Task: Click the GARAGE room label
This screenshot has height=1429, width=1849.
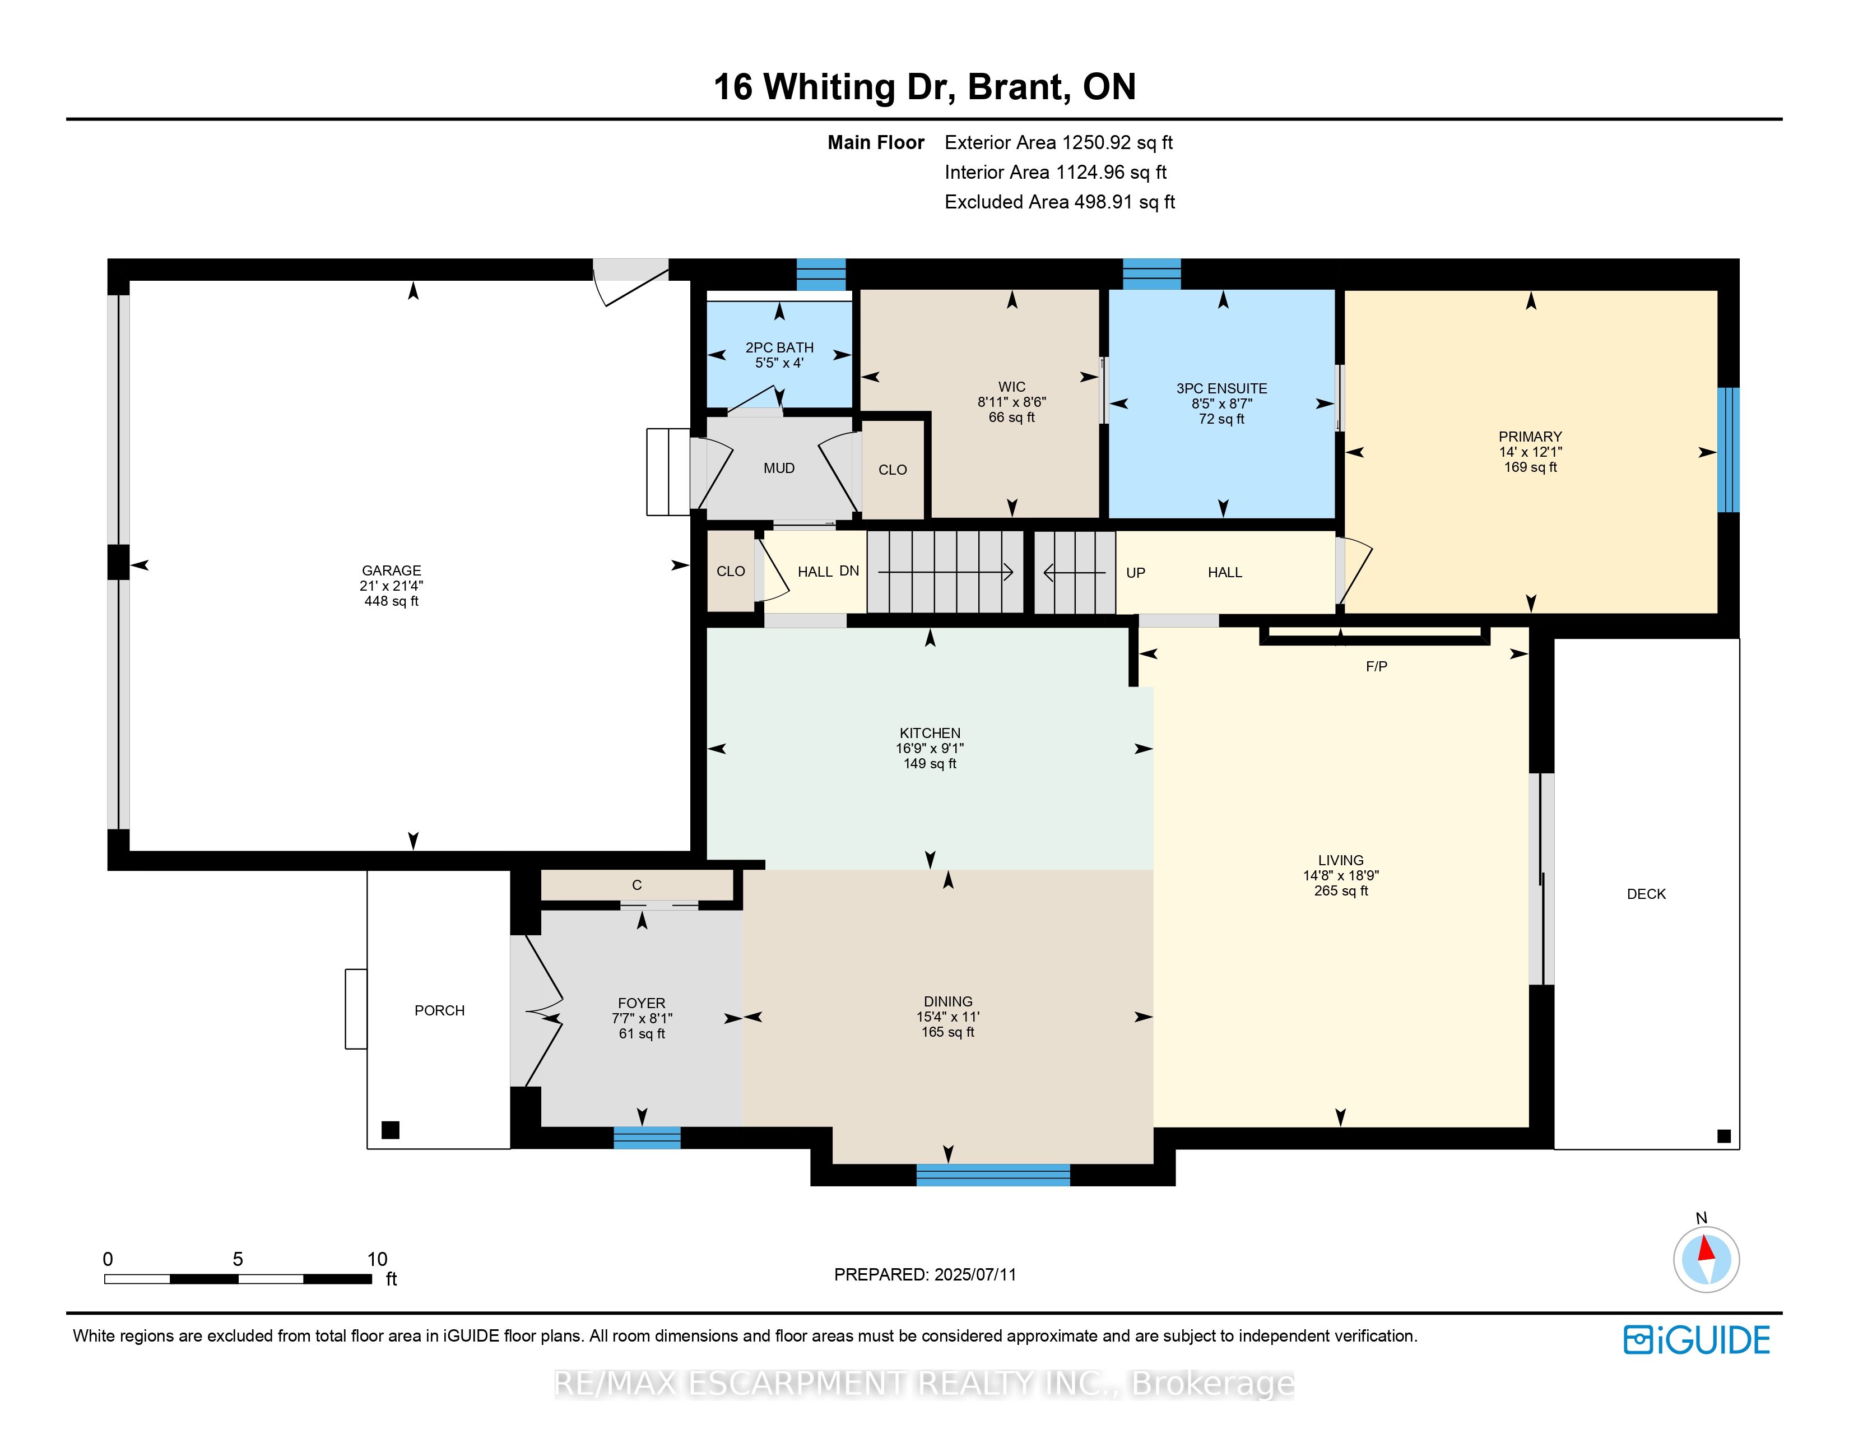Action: coord(391,570)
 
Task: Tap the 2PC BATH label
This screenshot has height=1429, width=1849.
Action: coord(779,347)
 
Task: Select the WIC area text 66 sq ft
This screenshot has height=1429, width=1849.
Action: coord(1012,417)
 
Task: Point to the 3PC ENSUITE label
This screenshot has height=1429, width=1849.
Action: coord(1221,388)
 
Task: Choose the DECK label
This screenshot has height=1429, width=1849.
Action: coord(1646,894)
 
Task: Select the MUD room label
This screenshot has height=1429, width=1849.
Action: coord(779,468)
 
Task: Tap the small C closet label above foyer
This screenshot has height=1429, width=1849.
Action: coord(637,885)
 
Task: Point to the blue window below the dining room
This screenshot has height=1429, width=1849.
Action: coord(993,1175)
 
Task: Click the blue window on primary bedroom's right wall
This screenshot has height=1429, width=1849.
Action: coord(1728,449)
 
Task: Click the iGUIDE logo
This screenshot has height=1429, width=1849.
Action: coord(1697,1340)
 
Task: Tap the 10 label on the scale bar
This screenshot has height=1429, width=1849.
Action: coord(377,1259)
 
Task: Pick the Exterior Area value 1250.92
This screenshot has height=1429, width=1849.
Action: coord(1097,143)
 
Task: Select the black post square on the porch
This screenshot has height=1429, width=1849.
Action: coord(391,1130)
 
